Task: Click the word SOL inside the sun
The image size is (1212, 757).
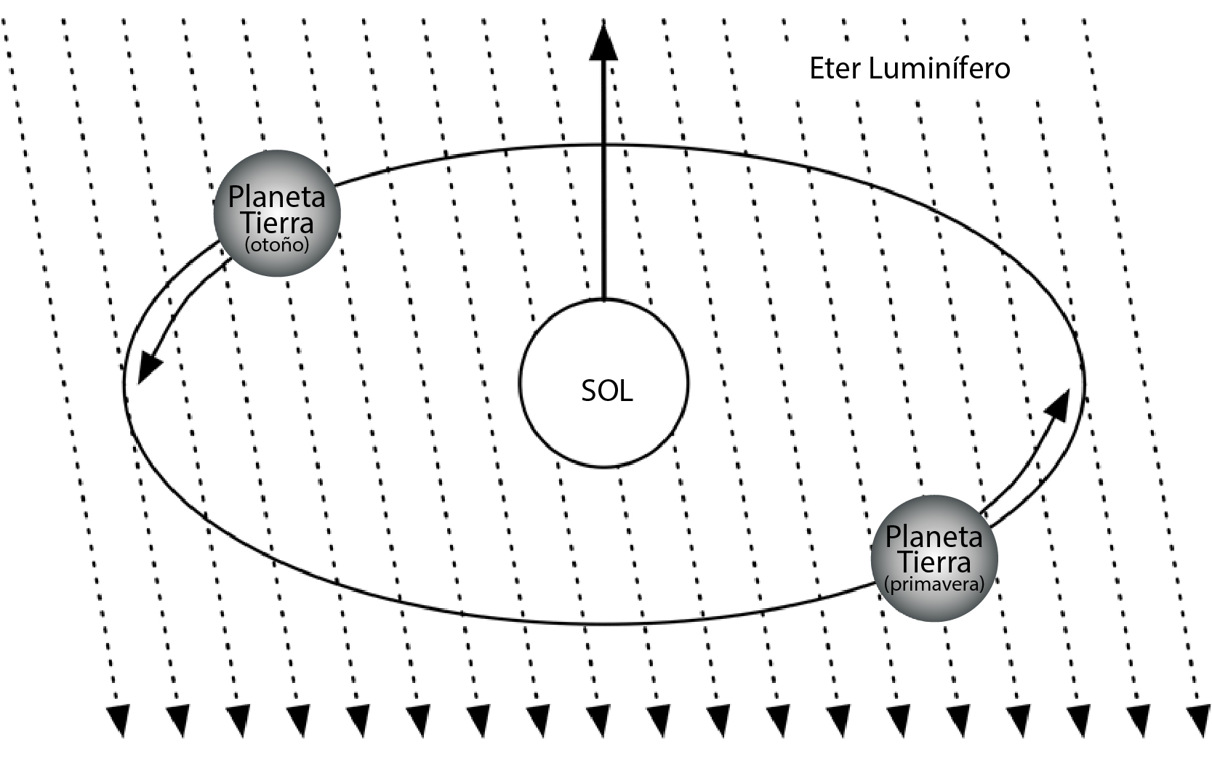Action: point(606,391)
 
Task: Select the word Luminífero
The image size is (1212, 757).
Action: point(939,69)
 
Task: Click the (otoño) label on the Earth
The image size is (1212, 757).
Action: point(277,246)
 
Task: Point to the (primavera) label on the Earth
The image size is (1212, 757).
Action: point(934,585)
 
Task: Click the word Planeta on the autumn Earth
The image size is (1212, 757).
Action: point(277,197)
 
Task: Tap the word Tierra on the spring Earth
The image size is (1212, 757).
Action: point(934,562)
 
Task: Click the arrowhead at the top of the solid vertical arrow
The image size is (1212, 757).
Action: point(603,42)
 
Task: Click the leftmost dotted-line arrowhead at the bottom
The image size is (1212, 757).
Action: point(118,719)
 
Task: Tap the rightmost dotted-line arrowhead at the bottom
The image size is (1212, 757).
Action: point(1197,719)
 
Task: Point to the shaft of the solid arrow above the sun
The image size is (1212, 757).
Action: point(603,182)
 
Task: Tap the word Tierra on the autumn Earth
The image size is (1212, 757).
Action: point(277,222)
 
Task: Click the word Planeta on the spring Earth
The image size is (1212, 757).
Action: point(934,538)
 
